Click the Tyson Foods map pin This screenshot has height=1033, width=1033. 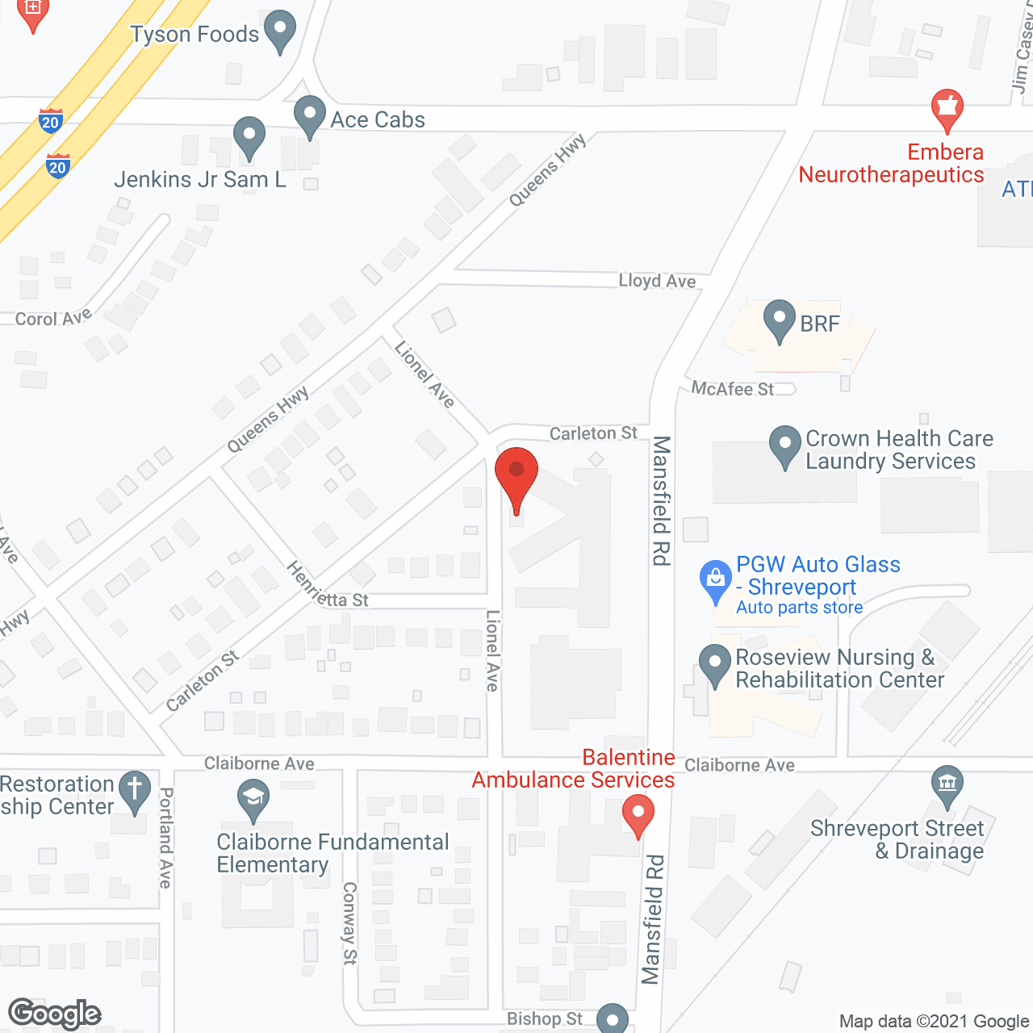[x=280, y=31]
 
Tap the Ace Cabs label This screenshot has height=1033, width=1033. [x=378, y=119]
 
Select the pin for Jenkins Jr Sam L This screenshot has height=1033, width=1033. [x=249, y=137]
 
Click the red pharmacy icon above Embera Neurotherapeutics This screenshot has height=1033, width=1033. [x=947, y=109]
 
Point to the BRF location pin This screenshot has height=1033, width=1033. [x=780, y=320]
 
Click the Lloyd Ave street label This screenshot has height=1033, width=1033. [x=657, y=281]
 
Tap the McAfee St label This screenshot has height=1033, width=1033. [x=732, y=389]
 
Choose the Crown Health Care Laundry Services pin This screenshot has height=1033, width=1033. [x=785, y=446]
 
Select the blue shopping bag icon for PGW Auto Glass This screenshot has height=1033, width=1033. [x=715, y=580]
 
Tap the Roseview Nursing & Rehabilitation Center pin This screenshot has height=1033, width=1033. [x=715, y=665]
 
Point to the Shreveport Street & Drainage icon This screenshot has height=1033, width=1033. [x=947, y=785]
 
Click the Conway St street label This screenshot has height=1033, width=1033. [x=349, y=922]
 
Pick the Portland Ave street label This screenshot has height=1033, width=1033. [x=165, y=838]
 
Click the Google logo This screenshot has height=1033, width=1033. [x=55, y=1014]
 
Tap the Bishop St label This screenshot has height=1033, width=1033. [x=545, y=1019]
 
